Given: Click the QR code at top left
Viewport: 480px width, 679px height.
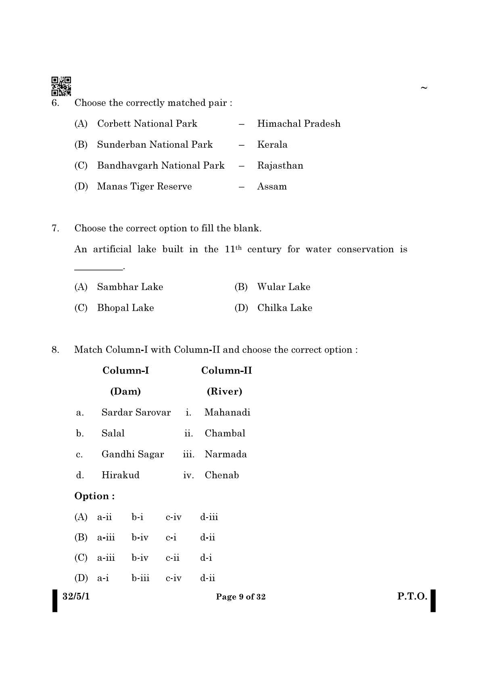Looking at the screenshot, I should click(x=61, y=86).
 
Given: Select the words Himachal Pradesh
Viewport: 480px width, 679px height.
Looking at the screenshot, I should click(x=298, y=123).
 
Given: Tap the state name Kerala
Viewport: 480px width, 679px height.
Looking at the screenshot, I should click(x=272, y=144).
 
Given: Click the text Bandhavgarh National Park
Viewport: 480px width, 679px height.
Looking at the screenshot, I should click(x=161, y=165).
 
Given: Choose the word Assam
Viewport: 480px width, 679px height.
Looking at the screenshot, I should click(x=272, y=186).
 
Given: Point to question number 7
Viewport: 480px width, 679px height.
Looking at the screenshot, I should click(x=55, y=228).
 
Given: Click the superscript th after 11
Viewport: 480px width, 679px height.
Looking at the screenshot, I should click(x=238, y=247).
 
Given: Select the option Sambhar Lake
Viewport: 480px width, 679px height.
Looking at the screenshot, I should click(x=130, y=287).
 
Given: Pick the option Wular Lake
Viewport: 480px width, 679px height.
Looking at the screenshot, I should click(x=284, y=287).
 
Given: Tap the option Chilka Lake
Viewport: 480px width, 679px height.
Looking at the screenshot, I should click(x=285, y=308).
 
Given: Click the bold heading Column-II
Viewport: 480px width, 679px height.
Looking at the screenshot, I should click(x=226, y=370).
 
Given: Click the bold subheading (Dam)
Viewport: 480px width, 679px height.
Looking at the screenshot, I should click(x=125, y=391).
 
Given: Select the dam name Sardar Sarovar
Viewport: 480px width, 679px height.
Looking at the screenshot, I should click(x=136, y=412).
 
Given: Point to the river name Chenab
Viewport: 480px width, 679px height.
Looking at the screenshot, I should click(x=221, y=475).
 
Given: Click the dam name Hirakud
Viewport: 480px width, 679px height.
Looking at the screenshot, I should click(x=120, y=475).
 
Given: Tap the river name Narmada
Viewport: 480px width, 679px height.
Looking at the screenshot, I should click(x=225, y=454).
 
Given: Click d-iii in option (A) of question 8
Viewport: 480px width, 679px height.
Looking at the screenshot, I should click(x=209, y=517).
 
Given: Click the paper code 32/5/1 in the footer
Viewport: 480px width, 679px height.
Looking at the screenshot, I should click(x=76, y=596).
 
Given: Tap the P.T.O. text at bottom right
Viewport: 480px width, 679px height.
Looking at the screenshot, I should click(x=412, y=596).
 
